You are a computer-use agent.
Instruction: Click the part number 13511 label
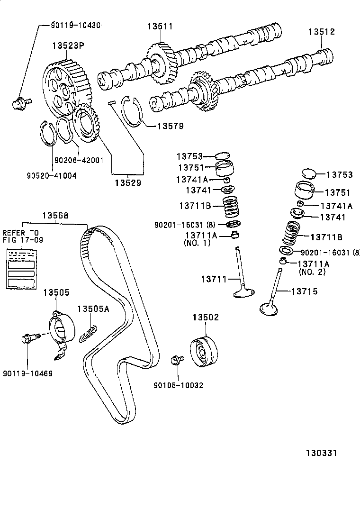pos(159,27)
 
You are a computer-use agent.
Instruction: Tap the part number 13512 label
pos(322,32)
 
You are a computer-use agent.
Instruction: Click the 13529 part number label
pos(127,182)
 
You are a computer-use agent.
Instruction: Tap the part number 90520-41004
pos(52,175)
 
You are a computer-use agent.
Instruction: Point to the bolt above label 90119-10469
pos(27,339)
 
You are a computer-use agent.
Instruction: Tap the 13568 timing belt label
pos(55,215)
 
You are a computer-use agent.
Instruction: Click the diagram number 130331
pos(320,453)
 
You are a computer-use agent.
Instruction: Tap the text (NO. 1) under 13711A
pos(197,243)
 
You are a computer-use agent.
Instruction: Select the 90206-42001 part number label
pos(79,160)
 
